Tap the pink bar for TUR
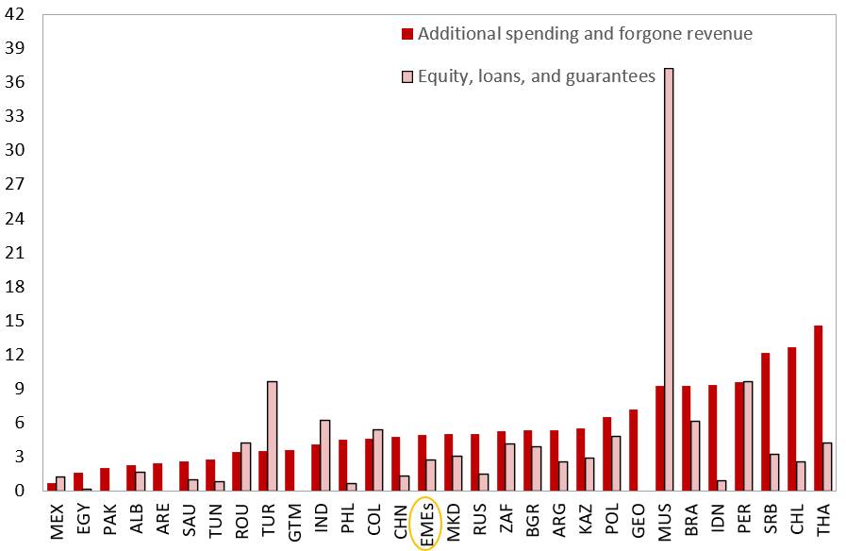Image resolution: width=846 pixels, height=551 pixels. [x=272, y=436]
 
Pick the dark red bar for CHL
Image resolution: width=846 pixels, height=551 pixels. [x=791, y=419]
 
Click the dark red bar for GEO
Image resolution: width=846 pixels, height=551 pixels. [x=634, y=450]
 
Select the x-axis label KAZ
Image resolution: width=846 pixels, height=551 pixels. [x=585, y=519]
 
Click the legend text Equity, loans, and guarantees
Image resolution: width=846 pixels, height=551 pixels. [x=536, y=76]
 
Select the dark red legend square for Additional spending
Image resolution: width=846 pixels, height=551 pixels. [x=407, y=34]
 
